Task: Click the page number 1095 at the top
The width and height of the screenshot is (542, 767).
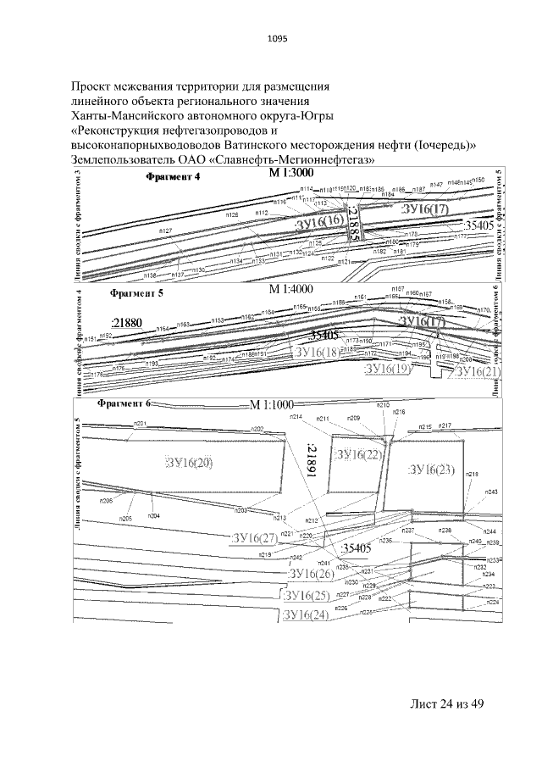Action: (277, 38)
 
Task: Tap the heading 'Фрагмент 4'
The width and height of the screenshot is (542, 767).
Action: (173, 177)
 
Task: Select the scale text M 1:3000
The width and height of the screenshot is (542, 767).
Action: (291, 173)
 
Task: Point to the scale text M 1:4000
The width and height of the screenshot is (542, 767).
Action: (291, 290)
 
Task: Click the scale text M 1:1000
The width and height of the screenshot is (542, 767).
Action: (275, 403)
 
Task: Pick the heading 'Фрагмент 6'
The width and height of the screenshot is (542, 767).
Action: (124, 403)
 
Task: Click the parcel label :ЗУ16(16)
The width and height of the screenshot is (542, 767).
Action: (319, 222)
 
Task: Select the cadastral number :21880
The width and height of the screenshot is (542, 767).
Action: (126, 322)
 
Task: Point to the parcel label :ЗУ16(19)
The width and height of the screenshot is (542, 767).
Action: (410, 370)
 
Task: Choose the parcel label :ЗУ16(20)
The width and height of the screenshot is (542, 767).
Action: (189, 462)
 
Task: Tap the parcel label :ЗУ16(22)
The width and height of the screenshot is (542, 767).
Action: (359, 456)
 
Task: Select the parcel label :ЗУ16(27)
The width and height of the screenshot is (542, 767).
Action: (254, 537)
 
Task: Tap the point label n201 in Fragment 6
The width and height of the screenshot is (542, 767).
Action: (141, 423)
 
